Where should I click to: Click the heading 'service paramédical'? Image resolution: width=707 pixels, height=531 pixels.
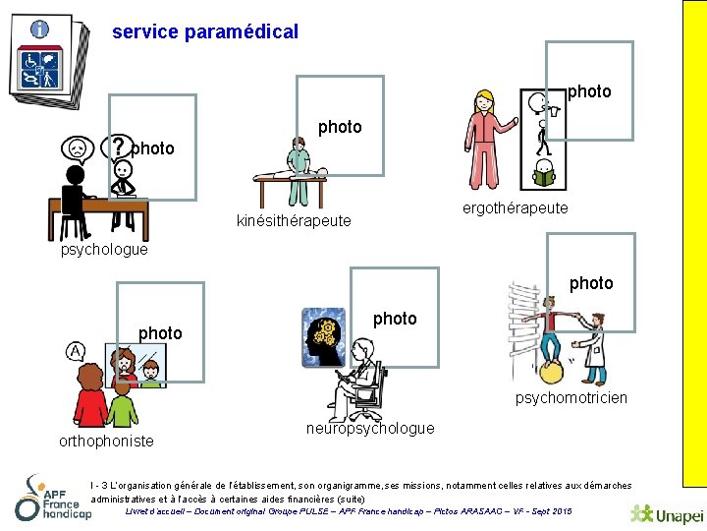[x=205, y=31]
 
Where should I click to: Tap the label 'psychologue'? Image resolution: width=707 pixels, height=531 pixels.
[x=104, y=249]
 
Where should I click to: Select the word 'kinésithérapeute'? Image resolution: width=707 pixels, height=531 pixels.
[x=294, y=220]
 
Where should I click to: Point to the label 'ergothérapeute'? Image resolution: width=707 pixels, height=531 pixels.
[x=515, y=207]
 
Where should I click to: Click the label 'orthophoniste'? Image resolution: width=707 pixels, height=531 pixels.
[x=106, y=441]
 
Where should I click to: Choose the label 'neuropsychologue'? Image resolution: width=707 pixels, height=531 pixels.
[x=370, y=428]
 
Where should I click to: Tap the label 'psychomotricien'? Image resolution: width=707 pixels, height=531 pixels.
[x=571, y=397]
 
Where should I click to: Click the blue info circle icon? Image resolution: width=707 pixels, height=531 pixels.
[x=40, y=29]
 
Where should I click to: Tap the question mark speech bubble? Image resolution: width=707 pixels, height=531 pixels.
[x=119, y=147]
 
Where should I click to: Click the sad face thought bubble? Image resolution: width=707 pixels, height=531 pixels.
[x=76, y=148]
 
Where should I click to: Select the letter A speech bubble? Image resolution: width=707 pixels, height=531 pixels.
[x=76, y=351]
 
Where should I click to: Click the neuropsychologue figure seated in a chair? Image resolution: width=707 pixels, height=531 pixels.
[x=359, y=374]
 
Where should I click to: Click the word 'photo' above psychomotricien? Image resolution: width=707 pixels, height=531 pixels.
[x=591, y=283]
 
